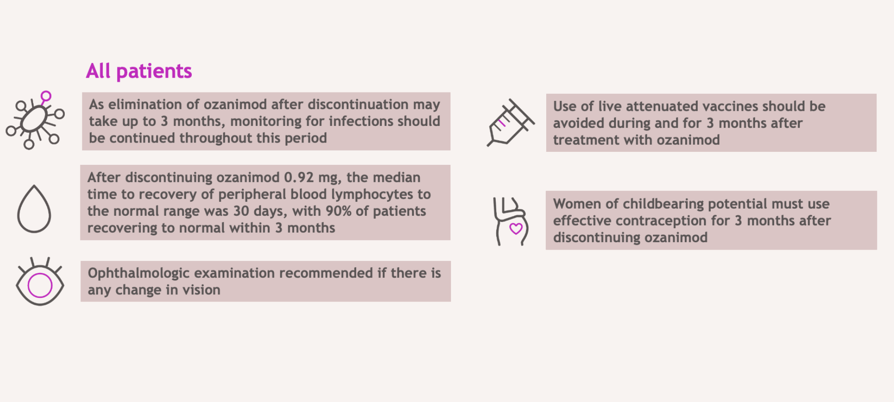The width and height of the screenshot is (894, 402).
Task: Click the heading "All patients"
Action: tap(139, 71)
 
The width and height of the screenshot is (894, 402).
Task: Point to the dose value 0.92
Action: tap(299, 177)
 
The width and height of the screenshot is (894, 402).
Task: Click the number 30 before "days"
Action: tap(241, 211)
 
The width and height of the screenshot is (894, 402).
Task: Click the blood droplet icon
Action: tap(34, 209)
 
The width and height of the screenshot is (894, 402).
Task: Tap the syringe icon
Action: tap(510, 122)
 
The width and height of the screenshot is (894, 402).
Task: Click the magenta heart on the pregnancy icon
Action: tap(516, 229)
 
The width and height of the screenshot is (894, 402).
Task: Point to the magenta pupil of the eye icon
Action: tap(40, 285)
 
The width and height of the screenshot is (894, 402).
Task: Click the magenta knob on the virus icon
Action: tap(46, 96)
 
